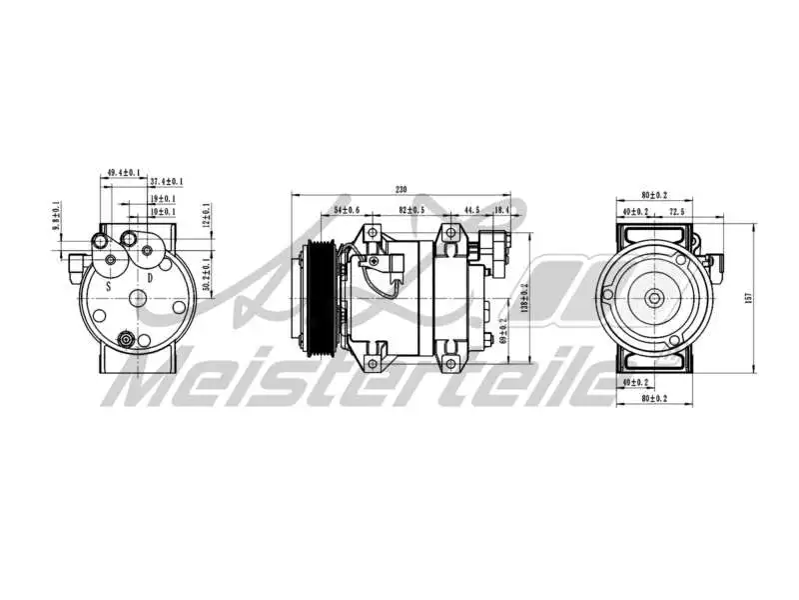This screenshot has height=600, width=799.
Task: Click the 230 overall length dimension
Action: [401, 189]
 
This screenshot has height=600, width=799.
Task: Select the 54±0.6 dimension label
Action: [347, 210]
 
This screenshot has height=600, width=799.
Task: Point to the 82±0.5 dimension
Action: [410, 210]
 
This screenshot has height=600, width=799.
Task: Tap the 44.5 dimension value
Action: [471, 210]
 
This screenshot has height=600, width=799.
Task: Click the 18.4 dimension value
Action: [501, 210]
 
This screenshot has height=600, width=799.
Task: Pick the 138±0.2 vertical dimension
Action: [524, 296]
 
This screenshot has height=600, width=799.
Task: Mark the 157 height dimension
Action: [747, 297]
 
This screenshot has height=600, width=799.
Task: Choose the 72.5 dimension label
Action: [676, 212]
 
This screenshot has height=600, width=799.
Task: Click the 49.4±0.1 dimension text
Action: [123, 173]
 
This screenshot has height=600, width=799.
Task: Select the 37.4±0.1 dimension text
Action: [167, 182]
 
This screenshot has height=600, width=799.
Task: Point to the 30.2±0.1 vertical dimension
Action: [206, 274]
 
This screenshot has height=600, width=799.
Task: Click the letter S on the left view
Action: [108, 285]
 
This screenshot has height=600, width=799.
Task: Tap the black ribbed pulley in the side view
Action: [321, 297]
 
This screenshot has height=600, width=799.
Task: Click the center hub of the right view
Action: [654, 297]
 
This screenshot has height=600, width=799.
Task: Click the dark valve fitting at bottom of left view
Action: [126, 340]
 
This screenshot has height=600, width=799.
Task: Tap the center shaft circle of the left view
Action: [138, 298]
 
